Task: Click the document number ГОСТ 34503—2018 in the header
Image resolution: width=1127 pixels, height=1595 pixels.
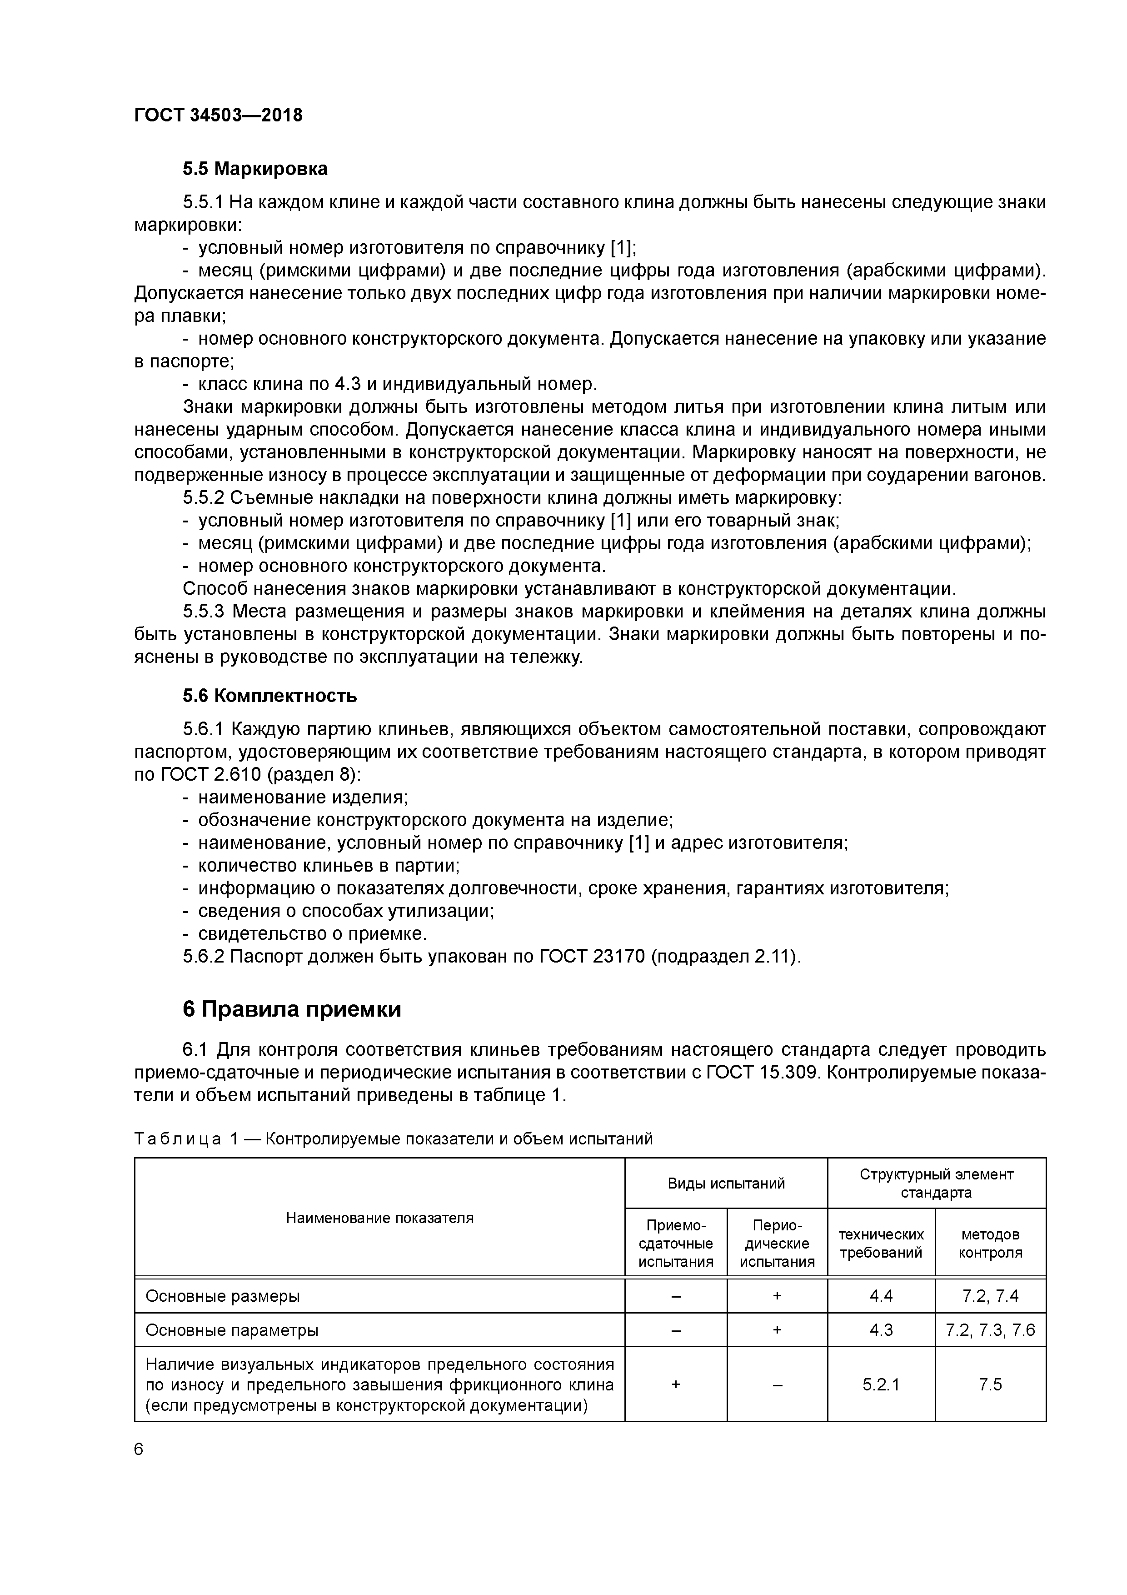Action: click(218, 115)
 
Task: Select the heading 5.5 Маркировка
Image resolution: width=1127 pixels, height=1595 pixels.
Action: click(255, 169)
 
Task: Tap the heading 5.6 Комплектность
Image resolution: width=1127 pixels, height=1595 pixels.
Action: click(269, 695)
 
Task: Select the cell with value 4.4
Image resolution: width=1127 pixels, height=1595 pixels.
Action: click(881, 1295)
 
